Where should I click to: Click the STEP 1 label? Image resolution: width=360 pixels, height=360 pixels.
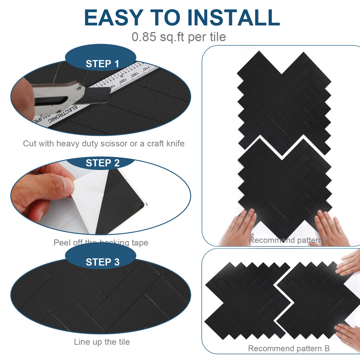[x=102, y=64]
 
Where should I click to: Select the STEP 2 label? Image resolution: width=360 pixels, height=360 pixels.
[x=102, y=163]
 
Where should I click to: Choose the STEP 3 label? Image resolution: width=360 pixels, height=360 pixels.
[x=102, y=262]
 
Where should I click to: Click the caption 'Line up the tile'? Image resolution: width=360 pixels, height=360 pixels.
[x=102, y=342]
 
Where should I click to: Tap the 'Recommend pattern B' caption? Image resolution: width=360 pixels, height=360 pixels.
[x=289, y=349]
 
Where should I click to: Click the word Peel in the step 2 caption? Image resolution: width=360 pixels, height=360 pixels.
[x=62, y=243]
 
